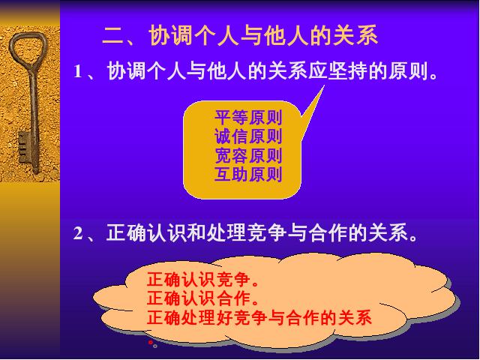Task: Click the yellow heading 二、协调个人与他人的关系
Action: [x=240, y=35]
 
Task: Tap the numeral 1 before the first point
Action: [x=77, y=72]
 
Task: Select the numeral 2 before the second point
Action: [x=78, y=234]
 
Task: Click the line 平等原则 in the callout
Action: [x=248, y=118]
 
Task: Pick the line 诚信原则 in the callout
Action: [x=248, y=136]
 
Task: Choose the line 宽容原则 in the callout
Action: [x=248, y=155]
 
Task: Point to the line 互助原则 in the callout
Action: [x=248, y=175]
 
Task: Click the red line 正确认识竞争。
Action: [x=202, y=280]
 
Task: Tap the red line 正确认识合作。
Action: [x=202, y=298]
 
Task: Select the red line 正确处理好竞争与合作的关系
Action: [x=259, y=317]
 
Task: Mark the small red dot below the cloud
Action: [x=151, y=342]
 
